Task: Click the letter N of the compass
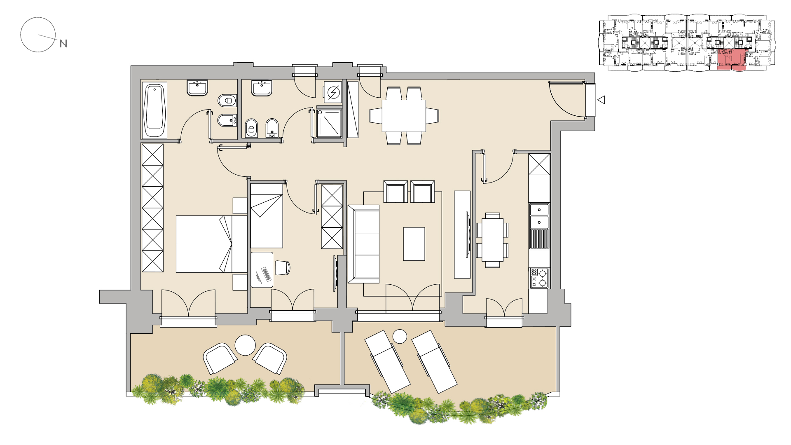[63, 43]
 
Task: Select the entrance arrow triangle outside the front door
[601, 100]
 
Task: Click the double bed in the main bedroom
[211, 244]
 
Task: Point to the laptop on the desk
[266, 274]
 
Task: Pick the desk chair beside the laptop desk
[282, 268]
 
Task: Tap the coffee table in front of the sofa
[414, 244]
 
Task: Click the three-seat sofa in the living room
[363, 244]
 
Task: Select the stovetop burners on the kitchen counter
[539, 278]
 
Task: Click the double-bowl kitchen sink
[539, 216]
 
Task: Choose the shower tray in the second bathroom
[329, 123]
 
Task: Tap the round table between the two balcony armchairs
[245, 345]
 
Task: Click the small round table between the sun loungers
[400, 337]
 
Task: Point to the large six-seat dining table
[404, 116]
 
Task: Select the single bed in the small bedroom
[267, 215]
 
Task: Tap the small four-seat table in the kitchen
[492, 240]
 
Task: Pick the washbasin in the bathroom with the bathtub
[197, 88]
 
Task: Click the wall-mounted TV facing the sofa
[468, 235]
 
